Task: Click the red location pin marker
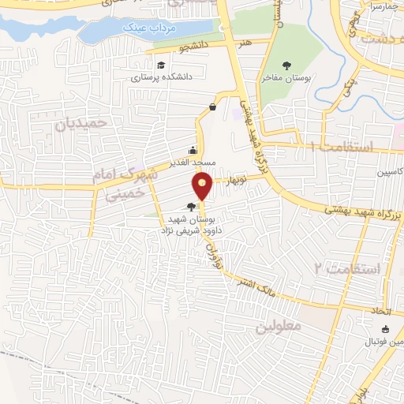[203, 185]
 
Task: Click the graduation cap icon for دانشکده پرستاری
[161, 65]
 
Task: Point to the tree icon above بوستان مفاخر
[286, 66]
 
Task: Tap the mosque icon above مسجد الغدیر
[193, 150]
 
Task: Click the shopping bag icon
[213, 107]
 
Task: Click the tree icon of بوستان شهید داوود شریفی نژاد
[190, 206]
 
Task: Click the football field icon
[385, 330]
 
